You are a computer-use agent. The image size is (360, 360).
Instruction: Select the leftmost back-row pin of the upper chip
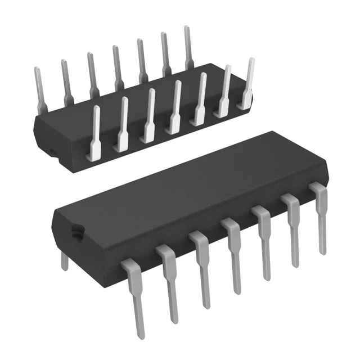pos(39,84)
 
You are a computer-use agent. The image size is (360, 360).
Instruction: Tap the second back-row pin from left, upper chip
pos(66,79)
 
